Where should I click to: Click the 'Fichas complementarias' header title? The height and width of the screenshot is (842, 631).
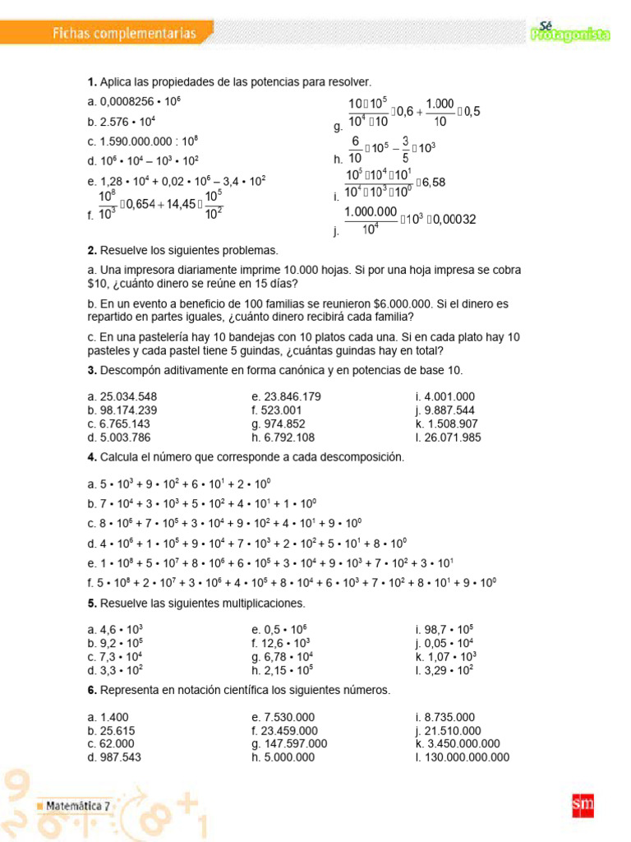[124, 34]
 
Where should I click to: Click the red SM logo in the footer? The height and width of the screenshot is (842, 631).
[582, 806]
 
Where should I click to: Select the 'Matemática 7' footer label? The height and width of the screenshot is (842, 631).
[77, 806]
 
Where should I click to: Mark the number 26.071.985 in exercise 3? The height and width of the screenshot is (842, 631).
[454, 437]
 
